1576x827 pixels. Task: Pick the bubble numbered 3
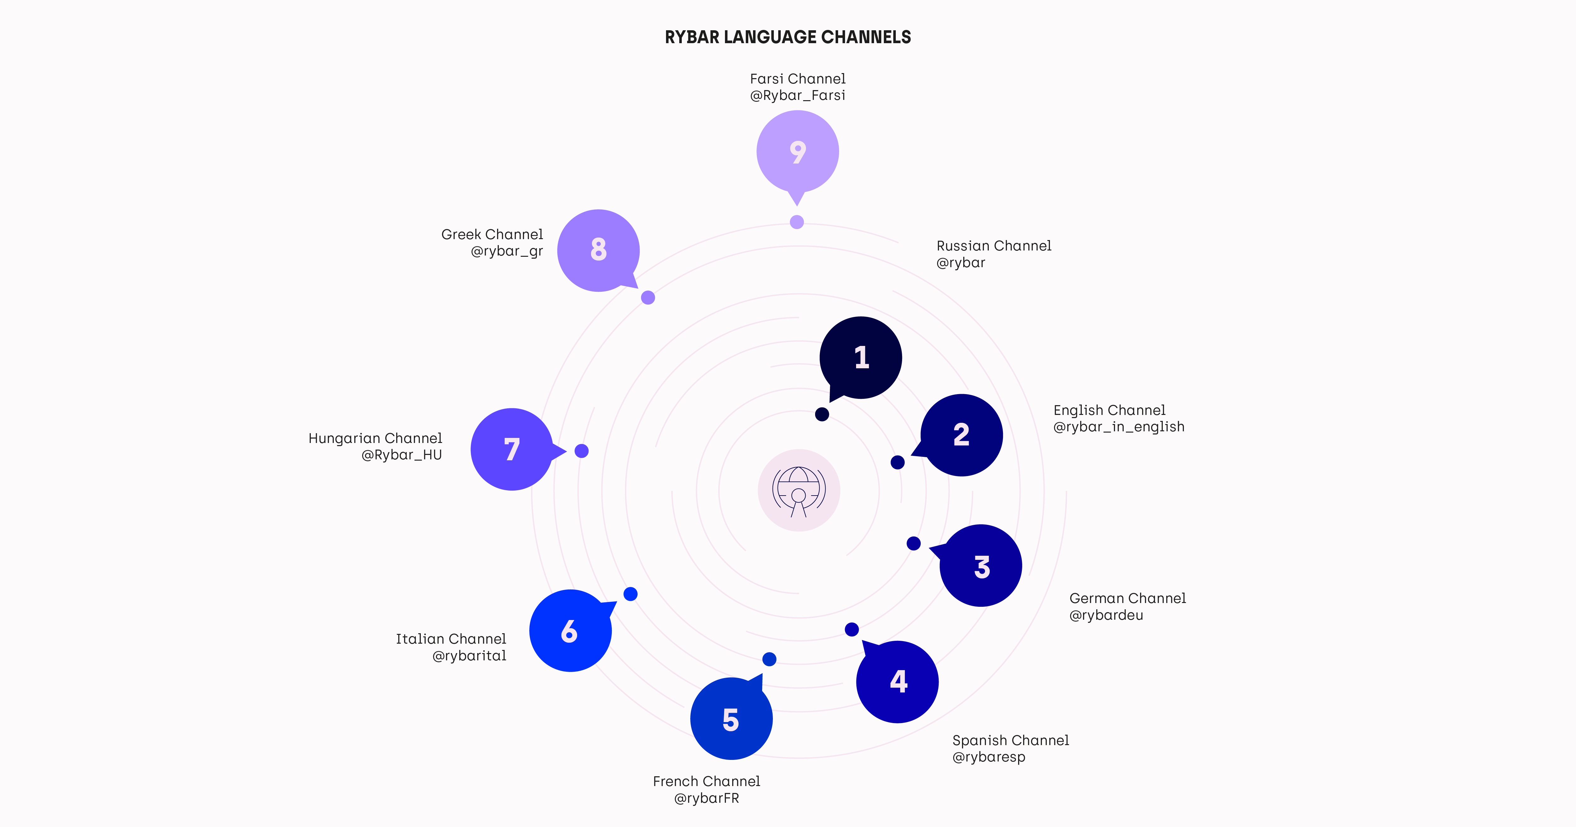click(980, 566)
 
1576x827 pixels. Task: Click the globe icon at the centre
click(798, 491)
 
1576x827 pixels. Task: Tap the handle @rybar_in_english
click(1118, 427)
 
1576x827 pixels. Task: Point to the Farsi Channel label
click(798, 79)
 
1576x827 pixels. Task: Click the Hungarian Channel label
click(375, 439)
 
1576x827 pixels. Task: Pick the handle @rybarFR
click(707, 798)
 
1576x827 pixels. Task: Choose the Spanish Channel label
click(1011, 741)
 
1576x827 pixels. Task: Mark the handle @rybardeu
click(1106, 615)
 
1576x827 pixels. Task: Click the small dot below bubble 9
click(797, 222)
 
